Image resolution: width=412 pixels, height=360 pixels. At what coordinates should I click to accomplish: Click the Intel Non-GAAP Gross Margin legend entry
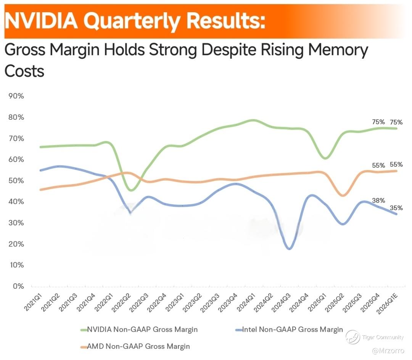292,329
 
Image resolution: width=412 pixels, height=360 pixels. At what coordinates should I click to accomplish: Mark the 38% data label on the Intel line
378,201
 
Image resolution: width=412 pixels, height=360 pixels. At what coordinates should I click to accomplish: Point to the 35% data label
396,208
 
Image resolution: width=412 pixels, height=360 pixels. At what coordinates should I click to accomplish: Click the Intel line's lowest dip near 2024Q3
290,249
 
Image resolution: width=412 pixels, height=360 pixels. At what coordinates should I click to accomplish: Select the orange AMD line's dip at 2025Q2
343,195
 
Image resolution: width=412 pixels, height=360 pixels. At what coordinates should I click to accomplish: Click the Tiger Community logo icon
352,337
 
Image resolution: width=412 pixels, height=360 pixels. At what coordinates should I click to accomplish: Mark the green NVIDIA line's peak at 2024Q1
253,121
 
